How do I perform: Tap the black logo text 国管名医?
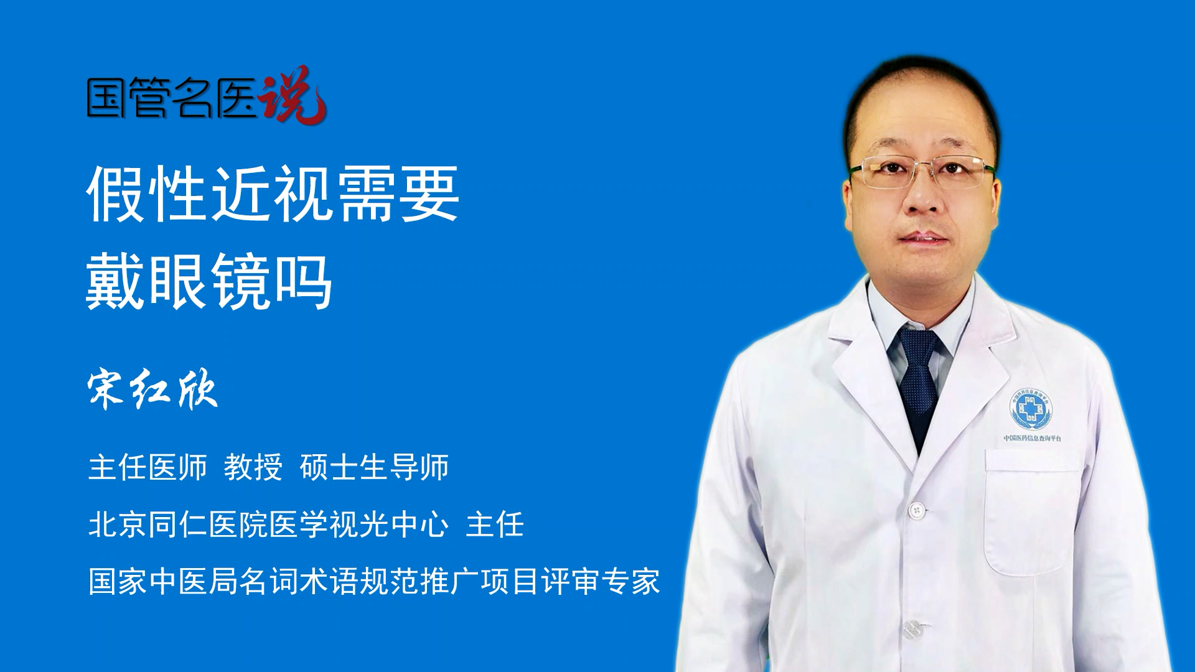click(x=172, y=97)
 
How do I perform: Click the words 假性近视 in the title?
click(x=212, y=194)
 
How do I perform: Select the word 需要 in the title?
click(x=398, y=194)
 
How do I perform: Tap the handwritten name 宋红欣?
click(x=152, y=390)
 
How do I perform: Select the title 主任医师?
click(x=148, y=467)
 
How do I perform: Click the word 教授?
click(x=253, y=467)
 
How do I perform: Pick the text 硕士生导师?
click(x=374, y=467)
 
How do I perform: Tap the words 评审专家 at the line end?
click(x=601, y=581)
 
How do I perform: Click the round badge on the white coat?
click(x=1031, y=409)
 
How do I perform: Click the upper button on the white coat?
click(x=916, y=511)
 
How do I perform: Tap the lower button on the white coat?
click(x=911, y=629)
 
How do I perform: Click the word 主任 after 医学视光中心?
click(x=495, y=524)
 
